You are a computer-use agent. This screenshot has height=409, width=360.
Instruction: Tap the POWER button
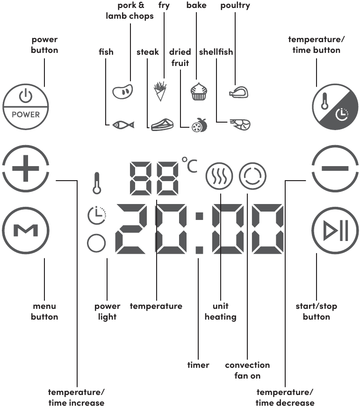coord(26,107)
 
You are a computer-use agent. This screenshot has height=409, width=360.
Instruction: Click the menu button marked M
coord(26,231)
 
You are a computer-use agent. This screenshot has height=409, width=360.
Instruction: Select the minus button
coord(335,168)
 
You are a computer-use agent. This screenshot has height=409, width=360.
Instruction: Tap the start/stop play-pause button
coord(335,231)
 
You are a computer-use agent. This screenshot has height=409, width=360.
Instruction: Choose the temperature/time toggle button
coord(335,107)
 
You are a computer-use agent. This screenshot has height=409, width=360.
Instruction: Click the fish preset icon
coord(123,124)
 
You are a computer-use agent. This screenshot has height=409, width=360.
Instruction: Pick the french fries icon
coord(160,92)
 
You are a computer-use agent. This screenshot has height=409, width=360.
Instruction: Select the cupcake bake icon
coord(199,91)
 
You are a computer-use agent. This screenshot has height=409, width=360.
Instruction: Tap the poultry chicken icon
coord(238,92)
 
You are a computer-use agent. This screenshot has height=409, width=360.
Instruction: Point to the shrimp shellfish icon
coord(240,124)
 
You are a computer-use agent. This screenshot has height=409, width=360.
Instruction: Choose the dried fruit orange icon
coord(200,125)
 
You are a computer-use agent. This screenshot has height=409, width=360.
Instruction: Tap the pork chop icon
coord(122,92)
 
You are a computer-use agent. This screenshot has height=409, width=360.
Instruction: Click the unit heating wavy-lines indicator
coord(219,176)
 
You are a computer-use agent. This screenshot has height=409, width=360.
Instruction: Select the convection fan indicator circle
coord(252,176)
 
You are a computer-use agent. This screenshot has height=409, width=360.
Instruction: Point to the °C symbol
coord(189,165)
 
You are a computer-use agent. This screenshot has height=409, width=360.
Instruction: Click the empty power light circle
coord(96,243)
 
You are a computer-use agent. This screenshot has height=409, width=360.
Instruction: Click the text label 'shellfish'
coord(216,52)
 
